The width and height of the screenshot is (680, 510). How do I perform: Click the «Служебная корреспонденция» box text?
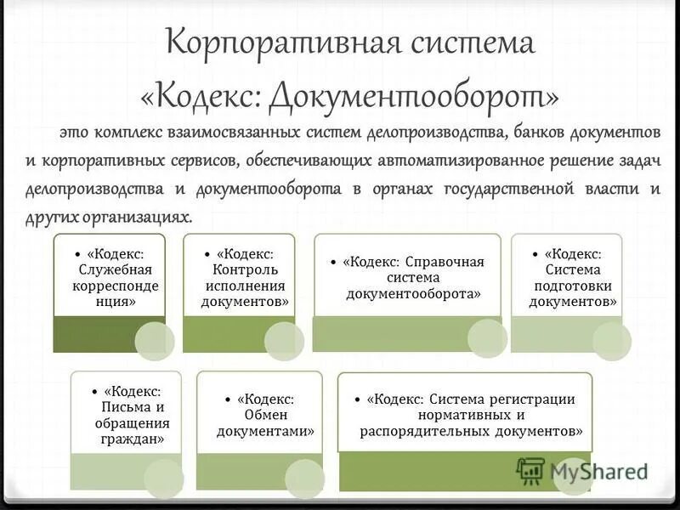pos(109,277)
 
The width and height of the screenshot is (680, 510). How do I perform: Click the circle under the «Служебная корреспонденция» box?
pos(155,341)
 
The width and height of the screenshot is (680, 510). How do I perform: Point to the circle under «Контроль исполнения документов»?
pos(284,341)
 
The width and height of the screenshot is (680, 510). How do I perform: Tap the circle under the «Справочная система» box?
pos(488,337)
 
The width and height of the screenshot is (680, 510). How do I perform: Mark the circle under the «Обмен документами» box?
pos(304,479)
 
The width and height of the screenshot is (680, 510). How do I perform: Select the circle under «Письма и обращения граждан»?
pos(164,479)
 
